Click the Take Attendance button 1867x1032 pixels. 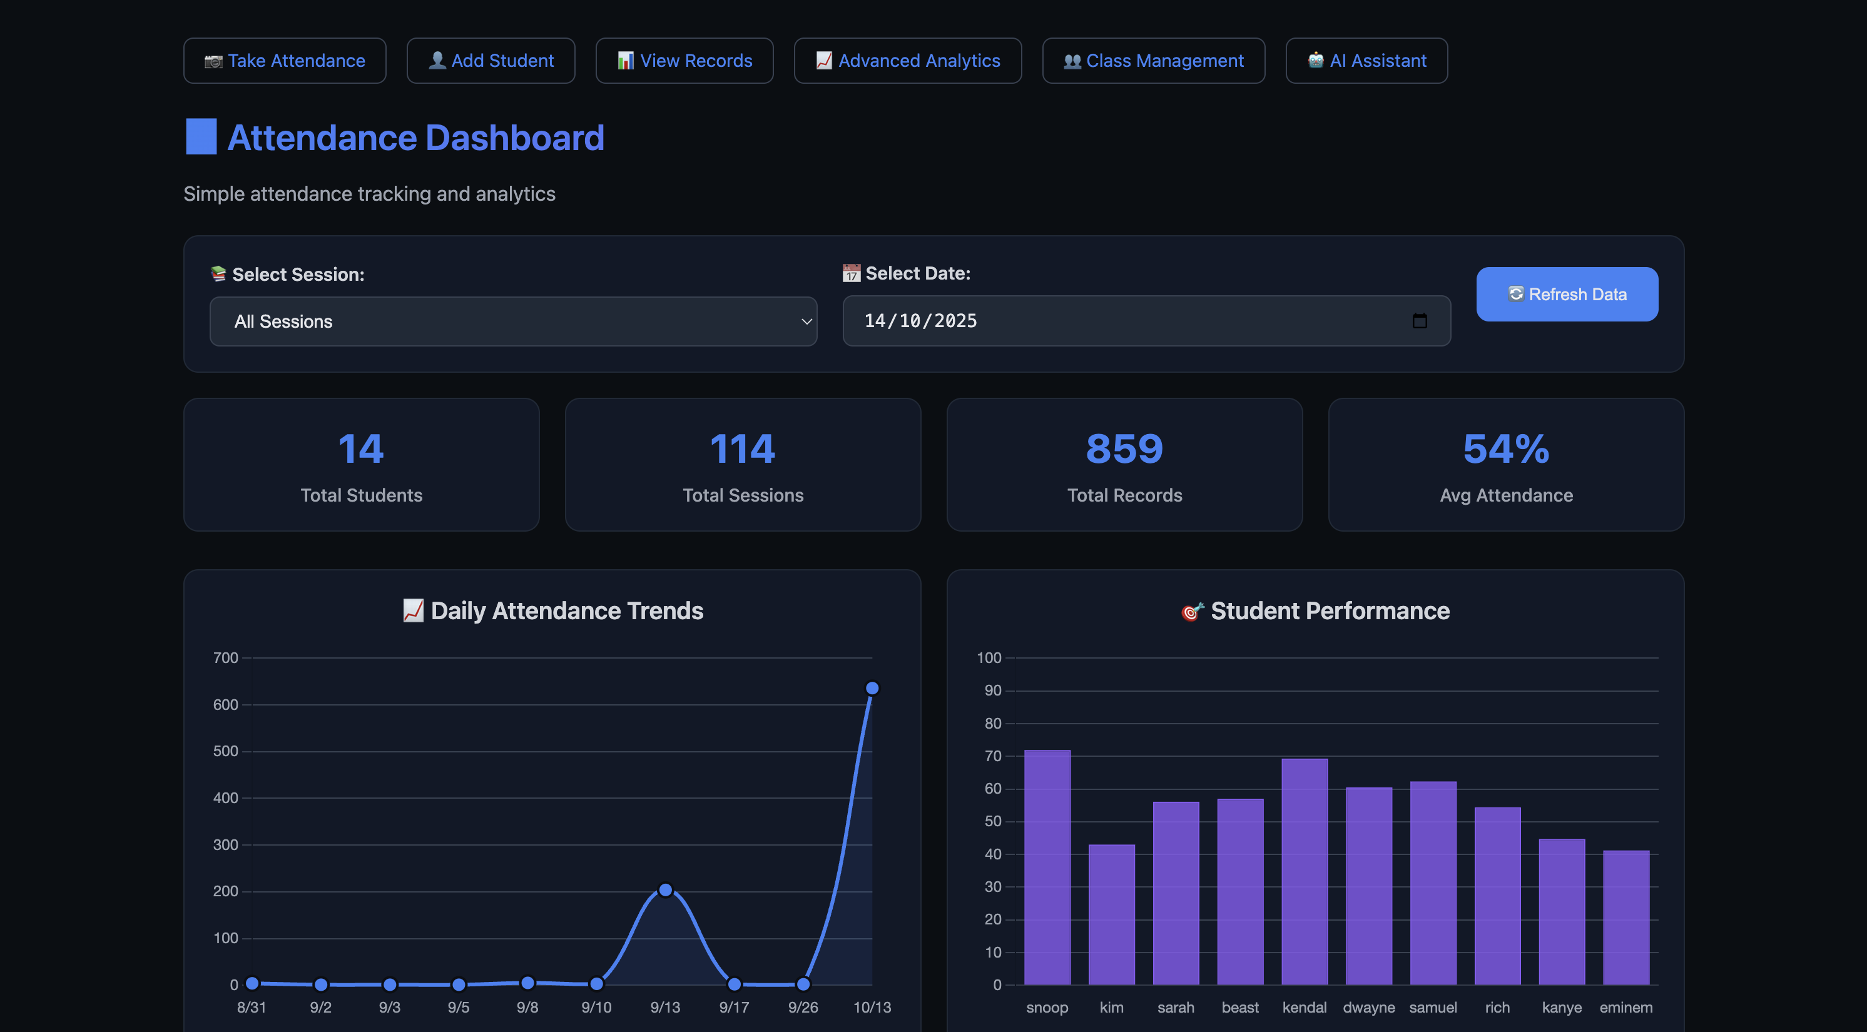click(284, 61)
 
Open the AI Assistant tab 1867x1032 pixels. click(1366, 61)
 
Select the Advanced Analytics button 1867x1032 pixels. click(907, 61)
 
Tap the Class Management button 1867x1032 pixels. click(1153, 61)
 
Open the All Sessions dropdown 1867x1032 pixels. click(513, 321)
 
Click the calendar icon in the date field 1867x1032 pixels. click(1419, 320)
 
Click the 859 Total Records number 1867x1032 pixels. click(1124, 448)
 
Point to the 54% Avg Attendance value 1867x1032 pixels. click(1505, 448)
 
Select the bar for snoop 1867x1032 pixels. click(1047, 867)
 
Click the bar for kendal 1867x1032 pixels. click(1304, 871)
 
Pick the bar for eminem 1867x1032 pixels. click(1625, 917)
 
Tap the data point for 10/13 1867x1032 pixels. click(872, 688)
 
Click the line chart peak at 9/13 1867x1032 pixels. click(665, 889)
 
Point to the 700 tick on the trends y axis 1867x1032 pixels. click(225, 657)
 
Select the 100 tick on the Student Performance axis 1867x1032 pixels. click(989, 657)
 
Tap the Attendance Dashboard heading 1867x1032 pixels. click(415, 138)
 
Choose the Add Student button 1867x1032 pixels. click(491, 61)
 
